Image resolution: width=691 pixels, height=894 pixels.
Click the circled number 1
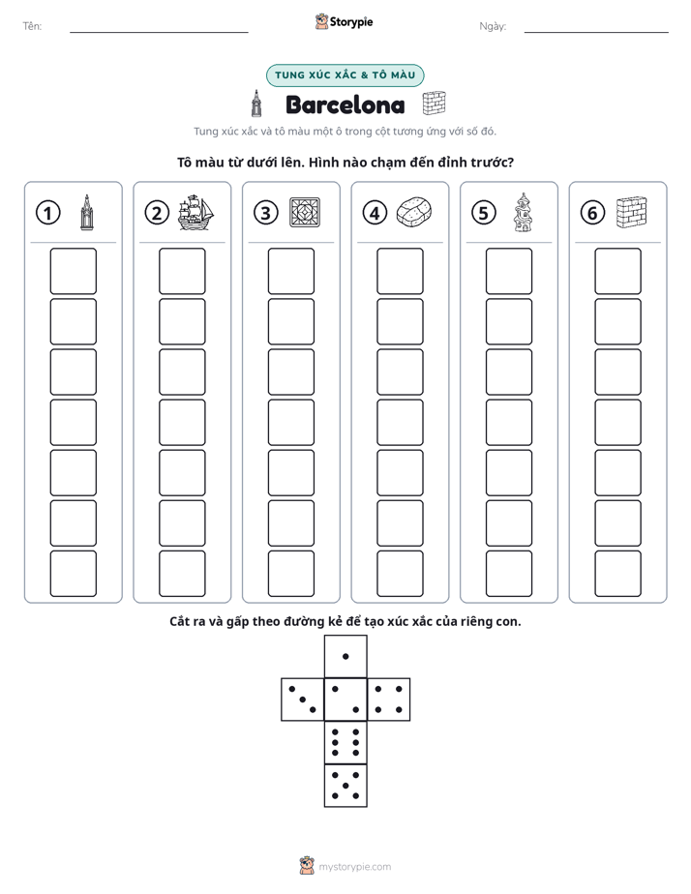(47, 213)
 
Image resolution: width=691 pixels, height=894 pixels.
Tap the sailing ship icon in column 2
(195, 212)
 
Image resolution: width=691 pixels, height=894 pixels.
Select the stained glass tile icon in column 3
(305, 213)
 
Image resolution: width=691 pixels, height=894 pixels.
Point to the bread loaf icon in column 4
(413, 212)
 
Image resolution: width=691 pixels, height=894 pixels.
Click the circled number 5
(484, 213)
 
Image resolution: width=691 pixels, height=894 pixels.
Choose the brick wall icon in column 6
(631, 212)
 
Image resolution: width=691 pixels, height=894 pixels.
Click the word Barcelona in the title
(345, 104)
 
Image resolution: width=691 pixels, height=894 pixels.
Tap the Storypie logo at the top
(344, 21)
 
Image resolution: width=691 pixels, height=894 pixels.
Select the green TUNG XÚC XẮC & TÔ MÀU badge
(345, 75)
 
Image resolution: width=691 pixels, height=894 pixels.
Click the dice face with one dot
(345, 656)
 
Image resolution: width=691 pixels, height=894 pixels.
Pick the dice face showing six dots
(345, 742)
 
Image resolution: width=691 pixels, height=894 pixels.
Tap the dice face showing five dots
(345, 786)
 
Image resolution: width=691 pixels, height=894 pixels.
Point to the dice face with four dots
(389, 700)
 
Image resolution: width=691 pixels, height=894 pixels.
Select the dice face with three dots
(303, 700)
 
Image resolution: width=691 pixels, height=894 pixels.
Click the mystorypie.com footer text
(354, 867)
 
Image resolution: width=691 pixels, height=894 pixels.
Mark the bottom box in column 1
(73, 573)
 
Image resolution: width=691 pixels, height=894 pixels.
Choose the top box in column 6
(617, 271)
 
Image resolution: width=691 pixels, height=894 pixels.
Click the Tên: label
(32, 26)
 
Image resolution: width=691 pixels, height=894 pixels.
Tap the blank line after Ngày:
(596, 33)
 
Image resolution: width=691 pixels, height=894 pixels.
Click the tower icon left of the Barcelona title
(257, 104)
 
